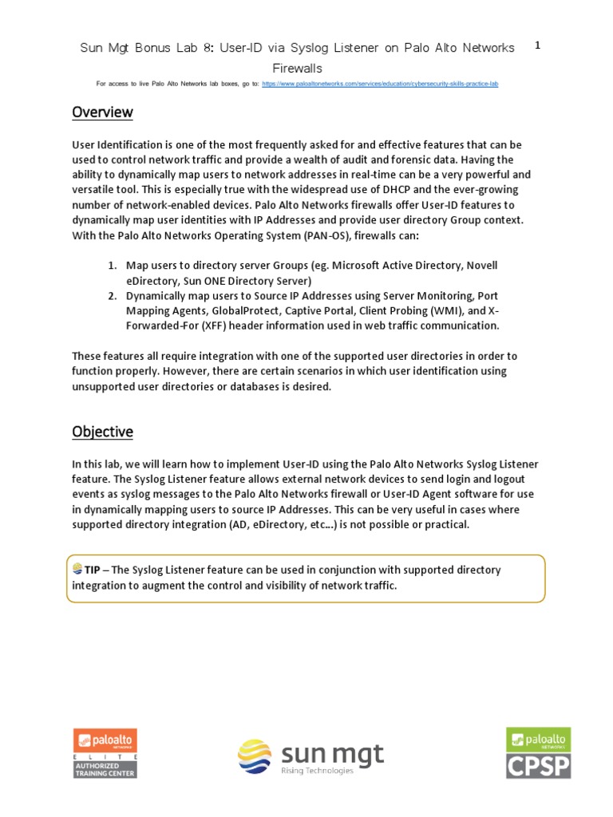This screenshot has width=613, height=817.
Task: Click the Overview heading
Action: pos(102,112)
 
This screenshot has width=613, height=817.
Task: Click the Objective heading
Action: pos(102,432)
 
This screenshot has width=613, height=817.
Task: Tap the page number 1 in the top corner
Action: pos(537,46)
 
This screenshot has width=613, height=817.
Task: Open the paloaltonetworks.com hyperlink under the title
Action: pos(380,83)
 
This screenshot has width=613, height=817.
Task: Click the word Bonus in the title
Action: pos(169,48)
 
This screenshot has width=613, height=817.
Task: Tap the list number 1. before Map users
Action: pos(113,265)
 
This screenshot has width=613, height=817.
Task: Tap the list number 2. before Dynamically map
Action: pos(113,295)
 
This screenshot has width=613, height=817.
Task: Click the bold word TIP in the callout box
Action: pos(93,570)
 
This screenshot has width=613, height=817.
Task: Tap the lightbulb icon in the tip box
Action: pos(77,569)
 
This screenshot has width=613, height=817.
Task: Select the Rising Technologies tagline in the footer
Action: pos(317,771)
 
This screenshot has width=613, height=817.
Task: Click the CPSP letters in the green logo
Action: pos(538,766)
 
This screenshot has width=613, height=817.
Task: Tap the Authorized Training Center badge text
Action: pos(105,769)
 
